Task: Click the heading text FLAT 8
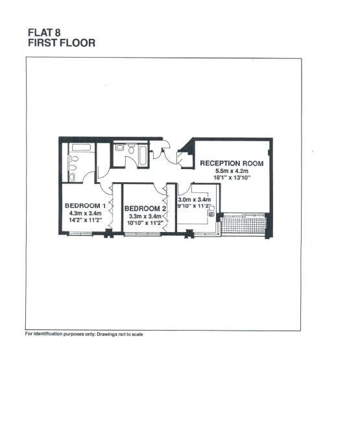pos(44,32)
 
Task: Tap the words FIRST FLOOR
pos(62,43)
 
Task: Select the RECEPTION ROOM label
pos(232,163)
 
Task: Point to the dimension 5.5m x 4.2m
pos(232,170)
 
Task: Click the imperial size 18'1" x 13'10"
pos(232,178)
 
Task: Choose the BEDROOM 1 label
pos(85,205)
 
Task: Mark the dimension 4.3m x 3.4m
pos(85,213)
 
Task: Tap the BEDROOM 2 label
pos(145,209)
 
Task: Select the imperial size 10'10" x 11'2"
pos(145,223)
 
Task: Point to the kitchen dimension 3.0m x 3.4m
pos(195,200)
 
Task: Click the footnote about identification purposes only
pos(84,334)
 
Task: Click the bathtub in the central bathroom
pos(143,155)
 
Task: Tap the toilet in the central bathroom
pos(132,148)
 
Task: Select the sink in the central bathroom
pos(119,148)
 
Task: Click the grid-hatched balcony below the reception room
pos(243,224)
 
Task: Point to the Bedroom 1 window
pos(80,234)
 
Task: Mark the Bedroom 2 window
pos(143,234)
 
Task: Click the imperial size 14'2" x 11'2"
pos(85,220)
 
